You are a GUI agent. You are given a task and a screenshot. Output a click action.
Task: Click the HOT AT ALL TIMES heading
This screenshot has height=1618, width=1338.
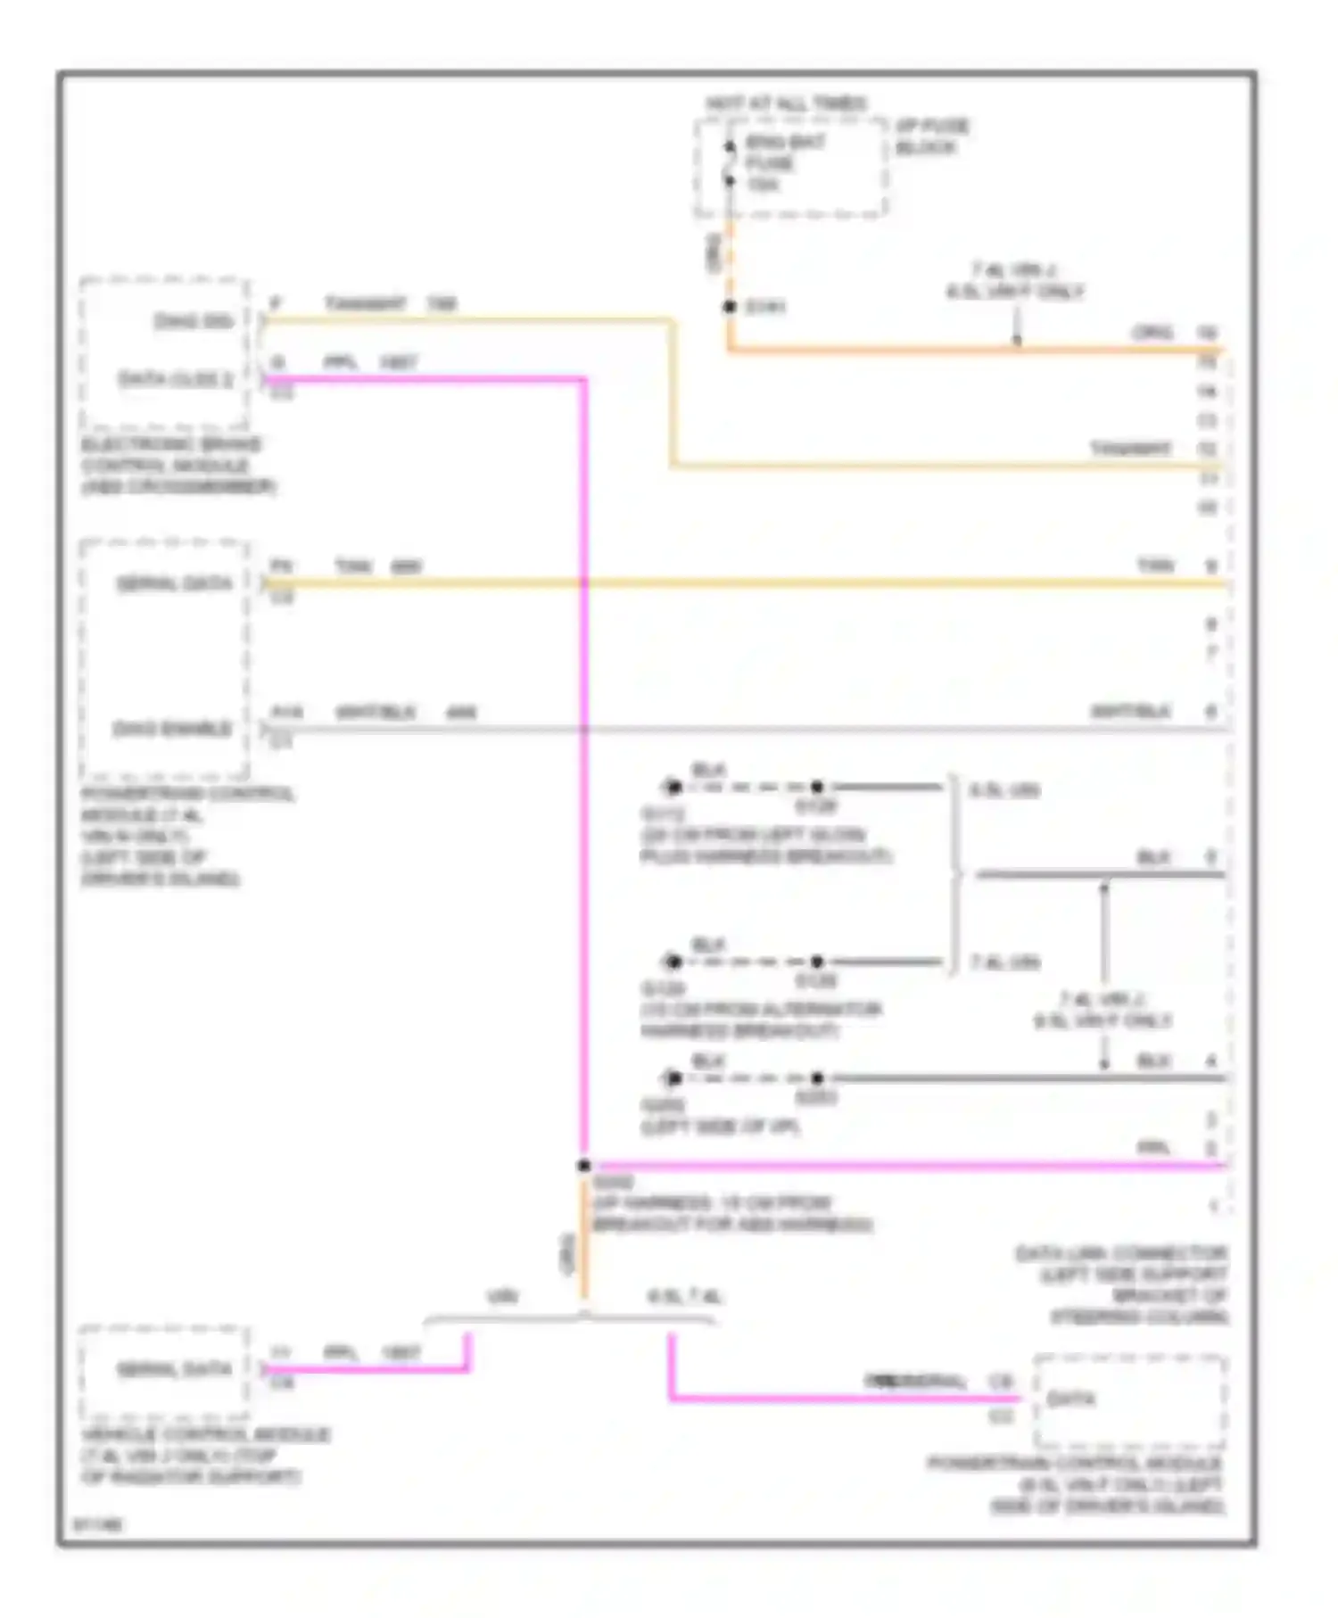786,104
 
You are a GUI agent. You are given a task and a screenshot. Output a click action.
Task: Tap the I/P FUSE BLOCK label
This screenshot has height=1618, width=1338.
932,136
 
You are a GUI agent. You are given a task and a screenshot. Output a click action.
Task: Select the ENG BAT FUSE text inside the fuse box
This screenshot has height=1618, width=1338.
784,153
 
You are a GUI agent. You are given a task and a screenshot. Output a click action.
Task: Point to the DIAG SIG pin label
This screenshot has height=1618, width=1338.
194,321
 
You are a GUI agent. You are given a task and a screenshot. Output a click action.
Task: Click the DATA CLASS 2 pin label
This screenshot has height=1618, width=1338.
176,379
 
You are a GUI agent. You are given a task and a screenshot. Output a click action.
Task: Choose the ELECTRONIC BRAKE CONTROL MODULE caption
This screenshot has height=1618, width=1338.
178,466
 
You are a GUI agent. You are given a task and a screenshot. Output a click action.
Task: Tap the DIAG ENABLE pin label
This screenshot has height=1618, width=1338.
172,729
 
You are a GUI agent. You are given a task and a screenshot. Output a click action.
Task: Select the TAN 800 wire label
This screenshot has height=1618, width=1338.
378,566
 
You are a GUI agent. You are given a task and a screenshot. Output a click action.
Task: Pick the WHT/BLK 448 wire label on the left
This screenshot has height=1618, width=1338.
405,713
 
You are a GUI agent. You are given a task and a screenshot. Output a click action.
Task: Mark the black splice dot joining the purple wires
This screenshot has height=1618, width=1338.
583,1166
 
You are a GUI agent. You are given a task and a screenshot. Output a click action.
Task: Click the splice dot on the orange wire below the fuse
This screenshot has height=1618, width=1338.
730,307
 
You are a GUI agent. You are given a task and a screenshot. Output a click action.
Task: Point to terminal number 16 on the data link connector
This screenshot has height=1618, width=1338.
1208,333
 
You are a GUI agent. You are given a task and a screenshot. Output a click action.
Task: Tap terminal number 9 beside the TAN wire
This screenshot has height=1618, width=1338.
1210,566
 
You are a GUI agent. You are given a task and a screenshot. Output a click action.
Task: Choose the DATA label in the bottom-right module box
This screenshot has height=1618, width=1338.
1070,1399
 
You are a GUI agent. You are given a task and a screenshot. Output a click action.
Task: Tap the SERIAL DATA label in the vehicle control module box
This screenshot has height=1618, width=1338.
175,1369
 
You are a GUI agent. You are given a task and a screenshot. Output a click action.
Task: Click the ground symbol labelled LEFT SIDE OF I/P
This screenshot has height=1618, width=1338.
673,1078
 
